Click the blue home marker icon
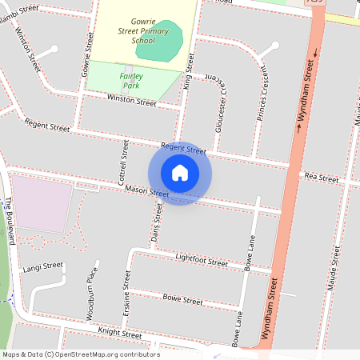(180, 173)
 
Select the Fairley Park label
(130, 79)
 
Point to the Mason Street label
(146, 192)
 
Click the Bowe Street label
(182, 300)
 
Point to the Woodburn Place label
(91, 294)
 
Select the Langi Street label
(42, 266)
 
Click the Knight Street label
(119, 333)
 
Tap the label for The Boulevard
(10, 220)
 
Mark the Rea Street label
(322, 178)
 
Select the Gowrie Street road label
(86, 55)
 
